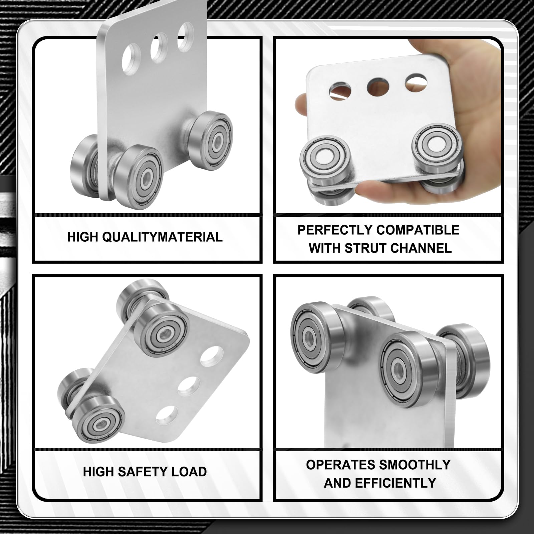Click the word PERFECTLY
coord(335,230)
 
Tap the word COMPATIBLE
coord(418,230)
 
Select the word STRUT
coord(365,248)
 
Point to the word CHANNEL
coord(421,248)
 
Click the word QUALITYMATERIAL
coord(162,237)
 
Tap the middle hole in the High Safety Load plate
coord(189,387)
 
